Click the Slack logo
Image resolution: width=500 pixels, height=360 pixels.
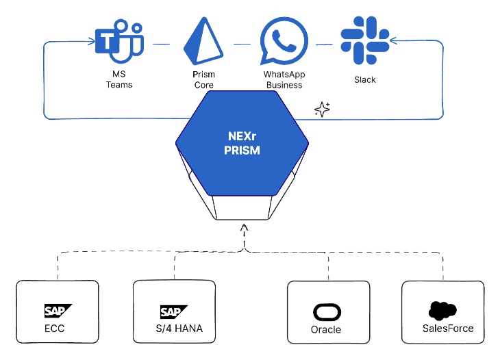click(x=365, y=39)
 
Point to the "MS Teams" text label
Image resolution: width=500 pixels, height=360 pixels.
click(x=119, y=79)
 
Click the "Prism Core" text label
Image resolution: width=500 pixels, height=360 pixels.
click(x=203, y=80)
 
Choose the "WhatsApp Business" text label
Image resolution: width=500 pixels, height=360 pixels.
click(x=284, y=80)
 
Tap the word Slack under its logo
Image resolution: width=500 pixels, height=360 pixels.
click(x=365, y=79)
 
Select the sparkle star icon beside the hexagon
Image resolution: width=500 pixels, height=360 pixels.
click(x=322, y=109)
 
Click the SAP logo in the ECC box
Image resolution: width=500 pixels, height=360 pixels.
click(x=58, y=311)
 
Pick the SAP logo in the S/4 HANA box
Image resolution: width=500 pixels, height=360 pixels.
click(x=174, y=311)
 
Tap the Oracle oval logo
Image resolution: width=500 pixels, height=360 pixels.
click(x=327, y=312)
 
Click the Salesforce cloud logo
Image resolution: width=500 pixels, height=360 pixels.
click(x=443, y=310)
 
